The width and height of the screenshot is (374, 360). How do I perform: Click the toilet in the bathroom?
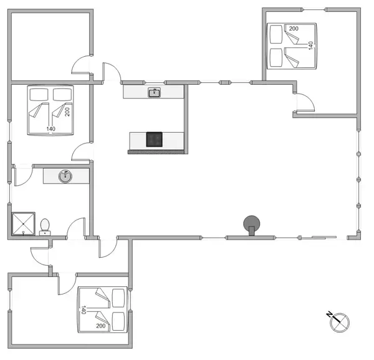pyautogui.click(x=45, y=225)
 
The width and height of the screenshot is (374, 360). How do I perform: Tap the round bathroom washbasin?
pyautogui.click(x=64, y=176)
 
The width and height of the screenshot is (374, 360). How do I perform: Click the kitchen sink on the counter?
pyautogui.click(x=154, y=93)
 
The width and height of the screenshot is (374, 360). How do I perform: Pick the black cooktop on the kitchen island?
pyautogui.click(x=155, y=139)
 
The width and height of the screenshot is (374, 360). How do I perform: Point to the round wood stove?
pyautogui.click(x=252, y=223)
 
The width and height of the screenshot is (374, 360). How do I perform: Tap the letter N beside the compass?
pyautogui.click(x=329, y=314)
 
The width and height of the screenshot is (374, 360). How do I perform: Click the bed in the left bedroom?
pyautogui.click(x=50, y=110)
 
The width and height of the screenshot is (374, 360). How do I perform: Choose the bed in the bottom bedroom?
pyautogui.click(x=103, y=309)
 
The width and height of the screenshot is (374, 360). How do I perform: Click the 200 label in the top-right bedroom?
pyautogui.click(x=294, y=29)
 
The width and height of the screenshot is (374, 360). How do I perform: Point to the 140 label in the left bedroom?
pyautogui.click(x=50, y=129)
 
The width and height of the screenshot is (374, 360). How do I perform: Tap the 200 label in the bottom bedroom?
pyautogui.click(x=101, y=326)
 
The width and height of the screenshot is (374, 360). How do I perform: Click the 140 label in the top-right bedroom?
pyautogui.click(x=311, y=46)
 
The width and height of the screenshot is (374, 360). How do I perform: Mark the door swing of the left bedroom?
pyautogui.click(x=82, y=152)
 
